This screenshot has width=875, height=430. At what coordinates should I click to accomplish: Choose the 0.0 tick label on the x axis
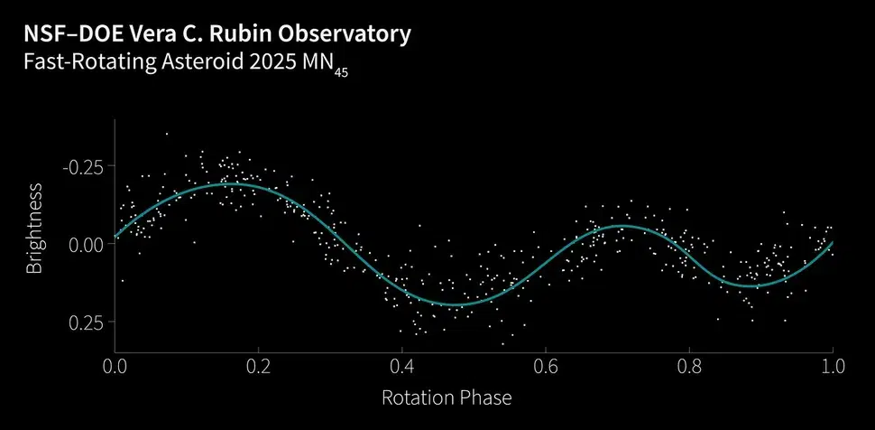click(x=115, y=367)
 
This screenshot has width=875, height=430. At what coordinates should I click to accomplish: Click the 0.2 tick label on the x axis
click(x=258, y=367)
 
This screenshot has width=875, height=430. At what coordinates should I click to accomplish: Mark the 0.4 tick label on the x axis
click(x=401, y=367)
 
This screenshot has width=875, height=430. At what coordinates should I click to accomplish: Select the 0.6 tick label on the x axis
click(x=545, y=367)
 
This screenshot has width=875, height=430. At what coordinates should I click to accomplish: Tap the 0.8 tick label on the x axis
click(x=688, y=367)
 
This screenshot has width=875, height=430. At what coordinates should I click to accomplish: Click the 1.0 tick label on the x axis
click(x=832, y=367)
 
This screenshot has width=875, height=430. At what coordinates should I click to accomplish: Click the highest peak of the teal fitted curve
click(x=233, y=184)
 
